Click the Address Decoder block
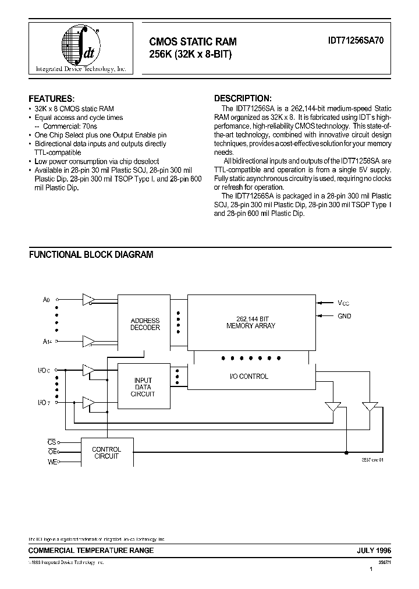point(145,324)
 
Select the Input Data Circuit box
point(145,386)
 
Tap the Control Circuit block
point(107,452)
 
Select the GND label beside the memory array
point(344,316)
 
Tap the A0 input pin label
point(47,300)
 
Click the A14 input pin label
point(47,342)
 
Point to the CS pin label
point(51,442)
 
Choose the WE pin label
point(51,462)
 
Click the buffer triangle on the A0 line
point(88,299)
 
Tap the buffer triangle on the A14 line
point(88,341)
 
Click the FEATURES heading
point(52,98)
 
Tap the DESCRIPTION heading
point(243,98)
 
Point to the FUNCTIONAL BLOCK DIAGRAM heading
point(91,254)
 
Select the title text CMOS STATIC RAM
point(193,42)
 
